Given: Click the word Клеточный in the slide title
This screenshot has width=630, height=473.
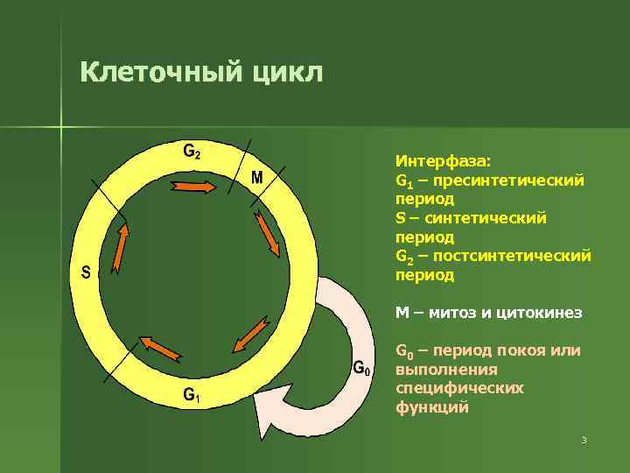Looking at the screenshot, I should coord(154,71).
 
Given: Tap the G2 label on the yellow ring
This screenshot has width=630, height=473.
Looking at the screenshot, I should coord(192,151).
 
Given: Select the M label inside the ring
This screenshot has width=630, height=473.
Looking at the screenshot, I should coord(257,178).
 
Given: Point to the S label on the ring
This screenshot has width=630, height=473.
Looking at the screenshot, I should coord(86,272).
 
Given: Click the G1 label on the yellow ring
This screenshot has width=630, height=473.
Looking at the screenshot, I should coord(192,396).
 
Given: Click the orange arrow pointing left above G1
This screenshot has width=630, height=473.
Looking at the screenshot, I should coord(157,348).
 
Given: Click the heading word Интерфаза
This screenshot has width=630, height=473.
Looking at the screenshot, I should coord(443,161).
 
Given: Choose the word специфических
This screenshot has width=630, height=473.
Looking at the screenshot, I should coord(459,388).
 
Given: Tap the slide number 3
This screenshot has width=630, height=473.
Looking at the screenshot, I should coord(584,440).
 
